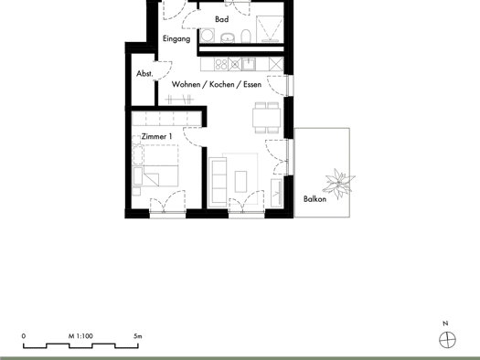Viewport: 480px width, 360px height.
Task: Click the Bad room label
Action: pyautogui.click(x=221, y=19)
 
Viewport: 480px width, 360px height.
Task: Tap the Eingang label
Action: pyautogui.click(x=176, y=39)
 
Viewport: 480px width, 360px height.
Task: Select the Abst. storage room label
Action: pyautogui.click(x=144, y=74)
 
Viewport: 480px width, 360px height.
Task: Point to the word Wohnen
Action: pyautogui.click(x=186, y=84)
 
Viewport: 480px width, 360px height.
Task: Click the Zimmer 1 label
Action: pyautogui.click(x=156, y=136)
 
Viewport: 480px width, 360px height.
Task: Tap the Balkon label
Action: pyautogui.click(x=315, y=199)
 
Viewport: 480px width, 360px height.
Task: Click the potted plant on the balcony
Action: pyautogui.click(x=339, y=184)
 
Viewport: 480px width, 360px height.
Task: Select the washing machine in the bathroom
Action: pyautogui.click(x=208, y=36)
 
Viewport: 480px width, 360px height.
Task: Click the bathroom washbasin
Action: pyautogui.click(x=228, y=37)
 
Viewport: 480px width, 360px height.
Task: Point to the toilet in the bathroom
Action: pyautogui.click(x=246, y=37)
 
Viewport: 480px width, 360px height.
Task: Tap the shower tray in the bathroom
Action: pyautogui.click(x=270, y=28)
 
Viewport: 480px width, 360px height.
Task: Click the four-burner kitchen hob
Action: pyautogui.click(x=221, y=64)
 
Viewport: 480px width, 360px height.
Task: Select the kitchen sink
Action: pyautogui.click(x=249, y=64)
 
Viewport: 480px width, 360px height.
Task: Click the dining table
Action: pyautogui.click(x=267, y=118)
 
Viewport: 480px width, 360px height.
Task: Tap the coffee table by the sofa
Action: pyautogui.click(x=240, y=182)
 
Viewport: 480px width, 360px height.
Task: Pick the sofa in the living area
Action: pyautogui.click(x=218, y=182)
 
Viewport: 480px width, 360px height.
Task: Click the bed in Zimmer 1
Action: pyautogui.click(x=156, y=165)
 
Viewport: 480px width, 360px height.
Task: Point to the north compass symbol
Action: pyautogui.click(x=447, y=340)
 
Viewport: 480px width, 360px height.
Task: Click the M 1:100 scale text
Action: pyautogui.click(x=80, y=336)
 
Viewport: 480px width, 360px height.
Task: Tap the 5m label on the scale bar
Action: pyautogui.click(x=138, y=336)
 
